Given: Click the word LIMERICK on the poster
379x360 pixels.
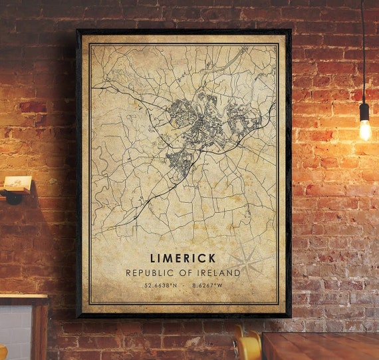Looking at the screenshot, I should (183, 258).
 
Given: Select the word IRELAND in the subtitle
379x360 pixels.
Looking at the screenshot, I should (219, 273).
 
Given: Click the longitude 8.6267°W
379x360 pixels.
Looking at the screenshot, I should (209, 286).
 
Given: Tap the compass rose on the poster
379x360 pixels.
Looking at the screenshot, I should (247, 262).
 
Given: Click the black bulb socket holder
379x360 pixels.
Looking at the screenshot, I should (364, 111).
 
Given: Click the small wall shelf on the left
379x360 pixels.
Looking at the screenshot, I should (16, 190).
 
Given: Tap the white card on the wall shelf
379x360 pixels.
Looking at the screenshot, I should (18, 181).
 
